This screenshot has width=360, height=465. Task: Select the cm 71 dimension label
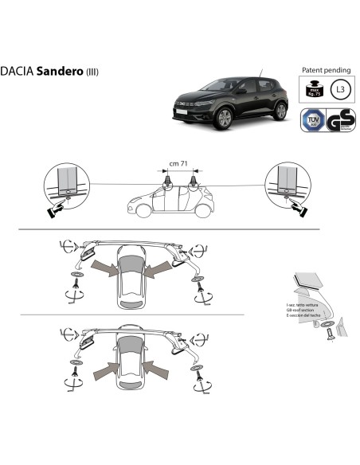click(x=179, y=164)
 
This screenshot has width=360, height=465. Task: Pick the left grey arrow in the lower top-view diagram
click(x=107, y=367)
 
